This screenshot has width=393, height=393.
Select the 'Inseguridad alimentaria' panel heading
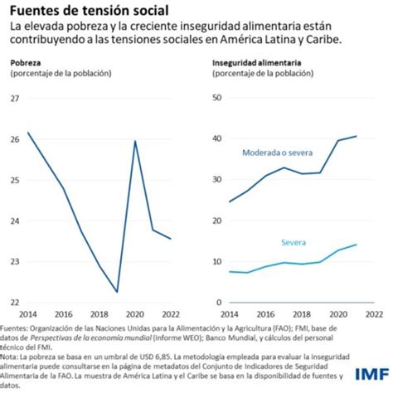point(256,63)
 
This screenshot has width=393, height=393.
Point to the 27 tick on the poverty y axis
point(14,99)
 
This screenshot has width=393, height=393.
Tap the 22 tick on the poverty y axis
point(14,302)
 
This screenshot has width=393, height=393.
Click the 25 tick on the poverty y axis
point(14,180)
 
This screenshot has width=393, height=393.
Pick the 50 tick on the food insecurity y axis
point(218,99)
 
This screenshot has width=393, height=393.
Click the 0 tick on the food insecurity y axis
point(221,302)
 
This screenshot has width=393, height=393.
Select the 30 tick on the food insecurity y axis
point(218,180)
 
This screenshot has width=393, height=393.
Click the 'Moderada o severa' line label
point(276,153)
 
